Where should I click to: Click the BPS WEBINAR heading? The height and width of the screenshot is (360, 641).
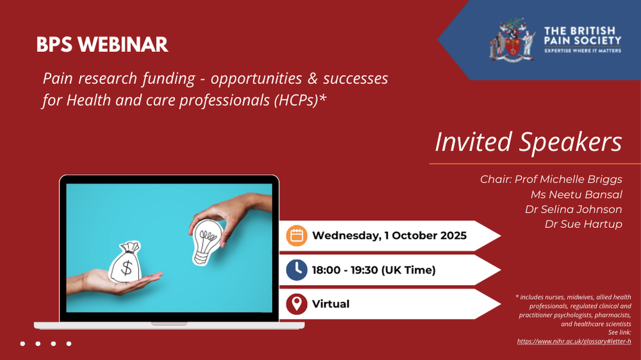102,45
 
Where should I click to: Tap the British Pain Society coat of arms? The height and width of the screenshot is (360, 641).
512,40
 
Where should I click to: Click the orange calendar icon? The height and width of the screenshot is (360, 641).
296,236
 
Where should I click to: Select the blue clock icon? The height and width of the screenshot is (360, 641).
296,270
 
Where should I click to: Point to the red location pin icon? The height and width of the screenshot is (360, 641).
296,304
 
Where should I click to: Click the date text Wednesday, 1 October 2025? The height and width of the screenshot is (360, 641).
389,236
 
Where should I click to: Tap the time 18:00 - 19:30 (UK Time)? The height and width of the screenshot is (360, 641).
374,270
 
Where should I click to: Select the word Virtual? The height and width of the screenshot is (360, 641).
330,304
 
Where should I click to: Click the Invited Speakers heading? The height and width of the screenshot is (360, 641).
528,142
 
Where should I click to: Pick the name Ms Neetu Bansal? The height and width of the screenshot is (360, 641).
576,195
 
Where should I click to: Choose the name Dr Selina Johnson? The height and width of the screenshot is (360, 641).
574,209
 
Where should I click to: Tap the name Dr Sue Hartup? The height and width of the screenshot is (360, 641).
583,224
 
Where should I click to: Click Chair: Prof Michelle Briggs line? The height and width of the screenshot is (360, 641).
551,179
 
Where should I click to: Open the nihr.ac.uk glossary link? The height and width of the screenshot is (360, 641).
574,341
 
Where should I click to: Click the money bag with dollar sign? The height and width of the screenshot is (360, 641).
125,263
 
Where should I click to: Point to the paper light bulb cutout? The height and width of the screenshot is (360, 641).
206,241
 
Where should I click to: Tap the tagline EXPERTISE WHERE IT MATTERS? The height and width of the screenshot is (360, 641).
583,51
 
